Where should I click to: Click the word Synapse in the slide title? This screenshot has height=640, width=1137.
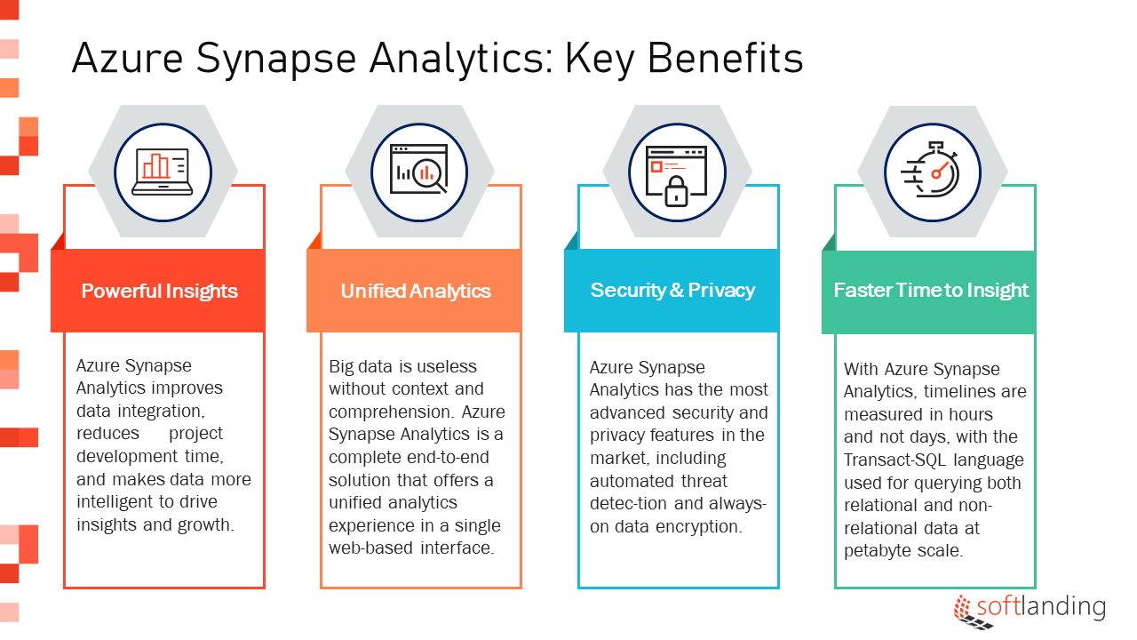point(276,60)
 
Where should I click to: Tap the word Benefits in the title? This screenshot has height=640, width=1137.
point(726,58)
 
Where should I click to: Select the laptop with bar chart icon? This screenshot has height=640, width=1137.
point(163,172)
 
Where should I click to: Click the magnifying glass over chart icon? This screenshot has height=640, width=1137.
point(419,169)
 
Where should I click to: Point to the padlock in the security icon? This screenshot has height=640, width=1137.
point(676,191)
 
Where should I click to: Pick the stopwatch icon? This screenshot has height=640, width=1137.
point(930,170)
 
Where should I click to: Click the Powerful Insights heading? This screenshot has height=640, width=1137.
point(159,291)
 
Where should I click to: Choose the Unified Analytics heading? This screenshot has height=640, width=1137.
point(416,291)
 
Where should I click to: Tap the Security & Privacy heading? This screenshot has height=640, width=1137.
point(672,290)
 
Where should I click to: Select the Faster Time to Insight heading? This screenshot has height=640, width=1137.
point(931,290)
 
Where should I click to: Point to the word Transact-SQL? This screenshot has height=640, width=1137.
point(894,460)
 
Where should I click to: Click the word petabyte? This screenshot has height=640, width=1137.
point(878,550)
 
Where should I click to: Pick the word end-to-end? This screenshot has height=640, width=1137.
point(449,457)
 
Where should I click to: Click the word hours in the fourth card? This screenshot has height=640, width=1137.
point(971,414)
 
